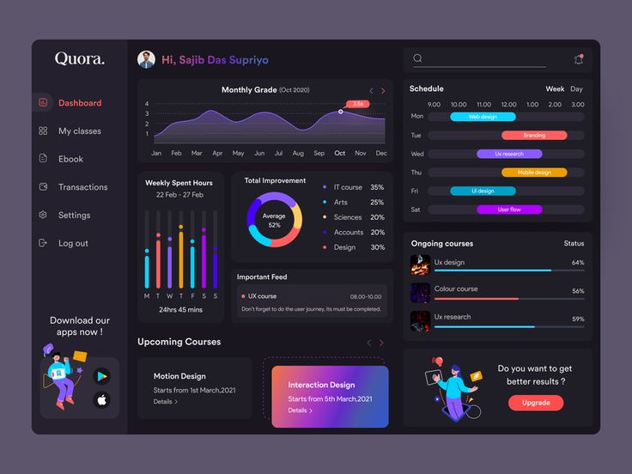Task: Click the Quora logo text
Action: point(80,59)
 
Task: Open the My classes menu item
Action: point(79,131)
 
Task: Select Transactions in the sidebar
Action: point(82,187)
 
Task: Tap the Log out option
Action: point(73,244)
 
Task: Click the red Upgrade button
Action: point(536,403)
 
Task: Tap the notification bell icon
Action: point(578,59)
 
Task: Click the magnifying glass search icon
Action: point(418,58)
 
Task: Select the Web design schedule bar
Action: point(483,117)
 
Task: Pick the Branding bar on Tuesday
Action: point(534,136)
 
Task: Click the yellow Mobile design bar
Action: point(534,173)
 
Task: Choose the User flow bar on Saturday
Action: point(509,210)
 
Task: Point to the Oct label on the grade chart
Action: point(340,154)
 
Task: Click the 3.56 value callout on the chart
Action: point(358,104)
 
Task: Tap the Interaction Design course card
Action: point(330,396)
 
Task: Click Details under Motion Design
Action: point(166,402)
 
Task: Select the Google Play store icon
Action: point(102,375)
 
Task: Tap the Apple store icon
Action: point(102,399)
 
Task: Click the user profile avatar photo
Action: point(147,60)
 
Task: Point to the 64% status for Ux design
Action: point(577,263)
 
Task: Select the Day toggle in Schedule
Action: point(576,89)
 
